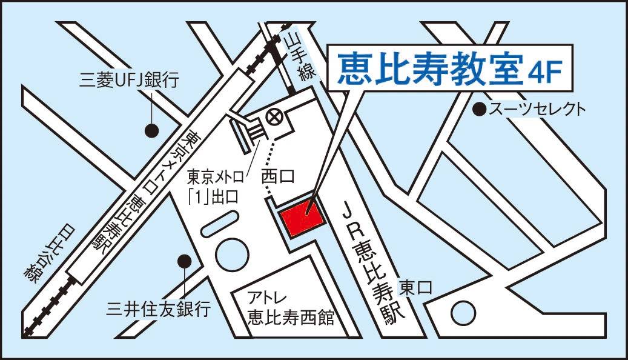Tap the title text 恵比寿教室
click(429, 69)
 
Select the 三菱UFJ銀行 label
click(130, 79)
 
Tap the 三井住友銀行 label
click(158, 309)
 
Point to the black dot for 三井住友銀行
click(183, 261)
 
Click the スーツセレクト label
click(537, 110)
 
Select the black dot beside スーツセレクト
click(480, 110)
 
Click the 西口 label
click(278, 177)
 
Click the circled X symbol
click(276, 117)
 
